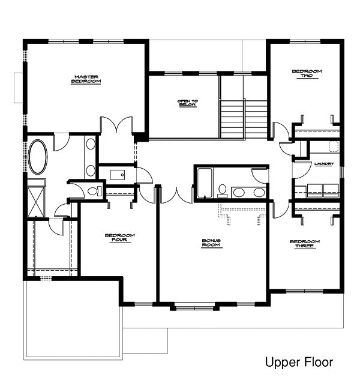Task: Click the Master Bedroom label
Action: point(86,79)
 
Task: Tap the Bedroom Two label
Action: point(307,74)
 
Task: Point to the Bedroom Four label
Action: point(119,238)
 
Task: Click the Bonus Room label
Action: point(211,243)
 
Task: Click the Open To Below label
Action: point(187,103)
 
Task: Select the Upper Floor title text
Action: point(298,363)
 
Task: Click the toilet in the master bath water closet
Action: point(92,191)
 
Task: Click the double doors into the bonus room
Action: point(176,195)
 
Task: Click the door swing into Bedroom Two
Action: point(280,131)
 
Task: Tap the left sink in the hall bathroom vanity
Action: point(239,192)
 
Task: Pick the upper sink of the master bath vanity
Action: point(91,145)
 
